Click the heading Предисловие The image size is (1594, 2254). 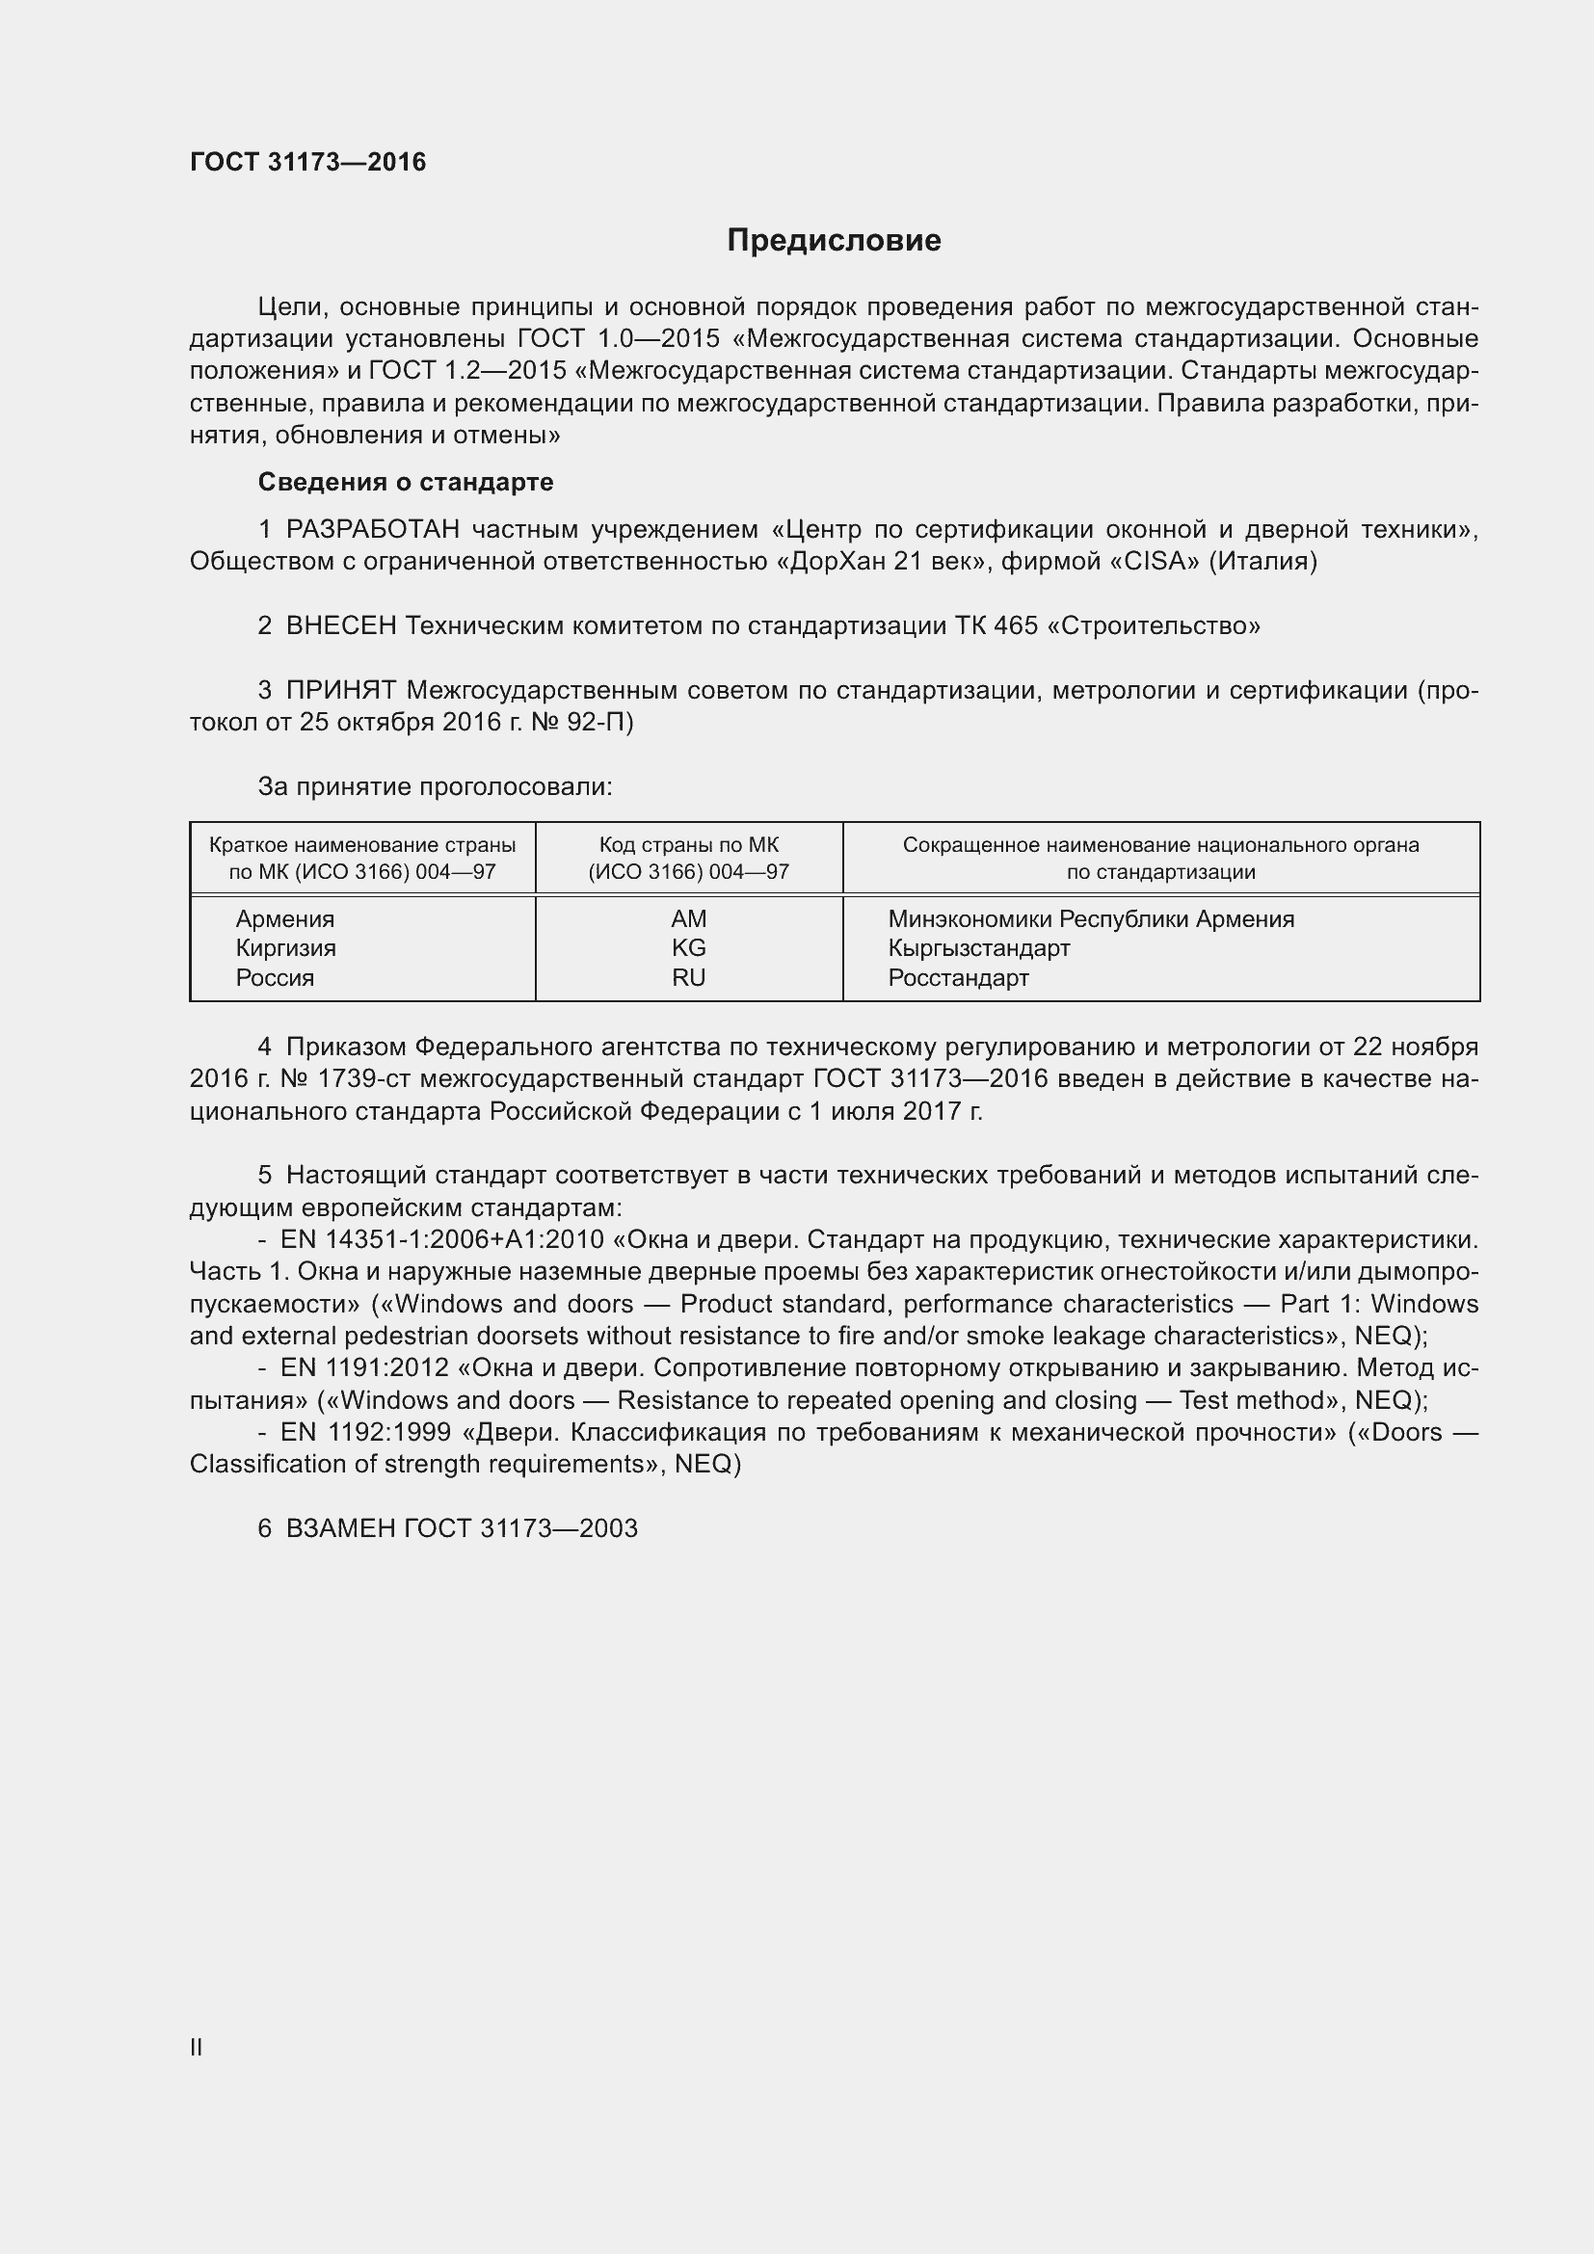coord(834,241)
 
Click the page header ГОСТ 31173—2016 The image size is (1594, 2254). coord(308,162)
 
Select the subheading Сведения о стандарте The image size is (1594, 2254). coord(406,482)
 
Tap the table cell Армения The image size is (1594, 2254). coord(284,919)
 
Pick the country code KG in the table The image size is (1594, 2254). coord(688,948)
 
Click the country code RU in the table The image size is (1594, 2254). coord(688,978)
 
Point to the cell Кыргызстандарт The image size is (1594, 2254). coord(978,948)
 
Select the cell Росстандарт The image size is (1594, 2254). coord(958,978)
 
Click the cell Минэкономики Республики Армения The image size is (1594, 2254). coord(1091,919)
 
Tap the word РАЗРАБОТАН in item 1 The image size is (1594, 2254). coord(372,530)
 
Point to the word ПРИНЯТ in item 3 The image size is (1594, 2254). coord(340,691)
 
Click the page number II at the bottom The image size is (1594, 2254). coord(197,2048)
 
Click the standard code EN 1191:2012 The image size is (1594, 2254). coord(364,1368)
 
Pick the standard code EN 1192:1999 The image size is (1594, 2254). coord(364,1432)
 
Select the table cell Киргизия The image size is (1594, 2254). coord(285,948)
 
